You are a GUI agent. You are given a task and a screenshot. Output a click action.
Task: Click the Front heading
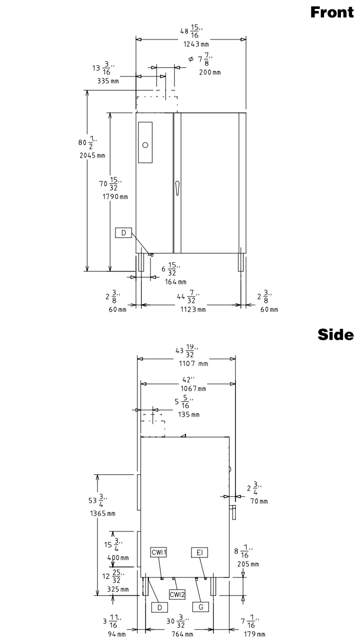click(x=332, y=12)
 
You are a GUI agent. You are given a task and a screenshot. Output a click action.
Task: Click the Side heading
click(x=335, y=334)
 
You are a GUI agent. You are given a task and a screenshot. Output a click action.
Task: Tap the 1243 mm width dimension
click(x=196, y=44)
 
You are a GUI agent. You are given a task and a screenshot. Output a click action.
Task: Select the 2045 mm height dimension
click(x=92, y=155)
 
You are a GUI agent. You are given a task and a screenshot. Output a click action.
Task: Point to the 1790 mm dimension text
click(x=115, y=196)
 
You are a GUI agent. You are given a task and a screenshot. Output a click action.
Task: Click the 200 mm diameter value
click(x=210, y=72)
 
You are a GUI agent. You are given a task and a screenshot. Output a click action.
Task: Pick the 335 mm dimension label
click(x=108, y=81)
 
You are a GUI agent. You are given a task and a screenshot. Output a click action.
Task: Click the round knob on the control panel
click(x=145, y=145)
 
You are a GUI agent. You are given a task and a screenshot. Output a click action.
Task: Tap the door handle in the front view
click(x=177, y=187)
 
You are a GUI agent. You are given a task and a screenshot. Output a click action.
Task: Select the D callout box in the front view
click(x=123, y=232)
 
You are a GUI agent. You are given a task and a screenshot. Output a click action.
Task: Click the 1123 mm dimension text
click(x=193, y=309)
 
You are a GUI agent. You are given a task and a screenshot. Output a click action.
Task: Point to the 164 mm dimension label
click(x=175, y=282)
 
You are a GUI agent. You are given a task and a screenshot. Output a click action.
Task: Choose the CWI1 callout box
click(x=158, y=552)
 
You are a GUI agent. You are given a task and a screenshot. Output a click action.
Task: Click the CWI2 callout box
click(x=177, y=594)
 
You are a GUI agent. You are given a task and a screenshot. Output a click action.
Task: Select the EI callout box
click(x=199, y=552)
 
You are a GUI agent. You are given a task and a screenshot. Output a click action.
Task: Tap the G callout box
click(x=200, y=606)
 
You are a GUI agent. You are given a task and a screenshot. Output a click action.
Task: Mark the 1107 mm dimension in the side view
click(x=194, y=363)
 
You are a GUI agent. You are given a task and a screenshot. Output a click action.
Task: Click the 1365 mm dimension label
click(x=102, y=513)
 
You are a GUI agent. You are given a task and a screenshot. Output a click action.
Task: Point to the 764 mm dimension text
click(x=182, y=634)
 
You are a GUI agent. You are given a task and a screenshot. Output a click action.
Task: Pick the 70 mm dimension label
click(x=259, y=501)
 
